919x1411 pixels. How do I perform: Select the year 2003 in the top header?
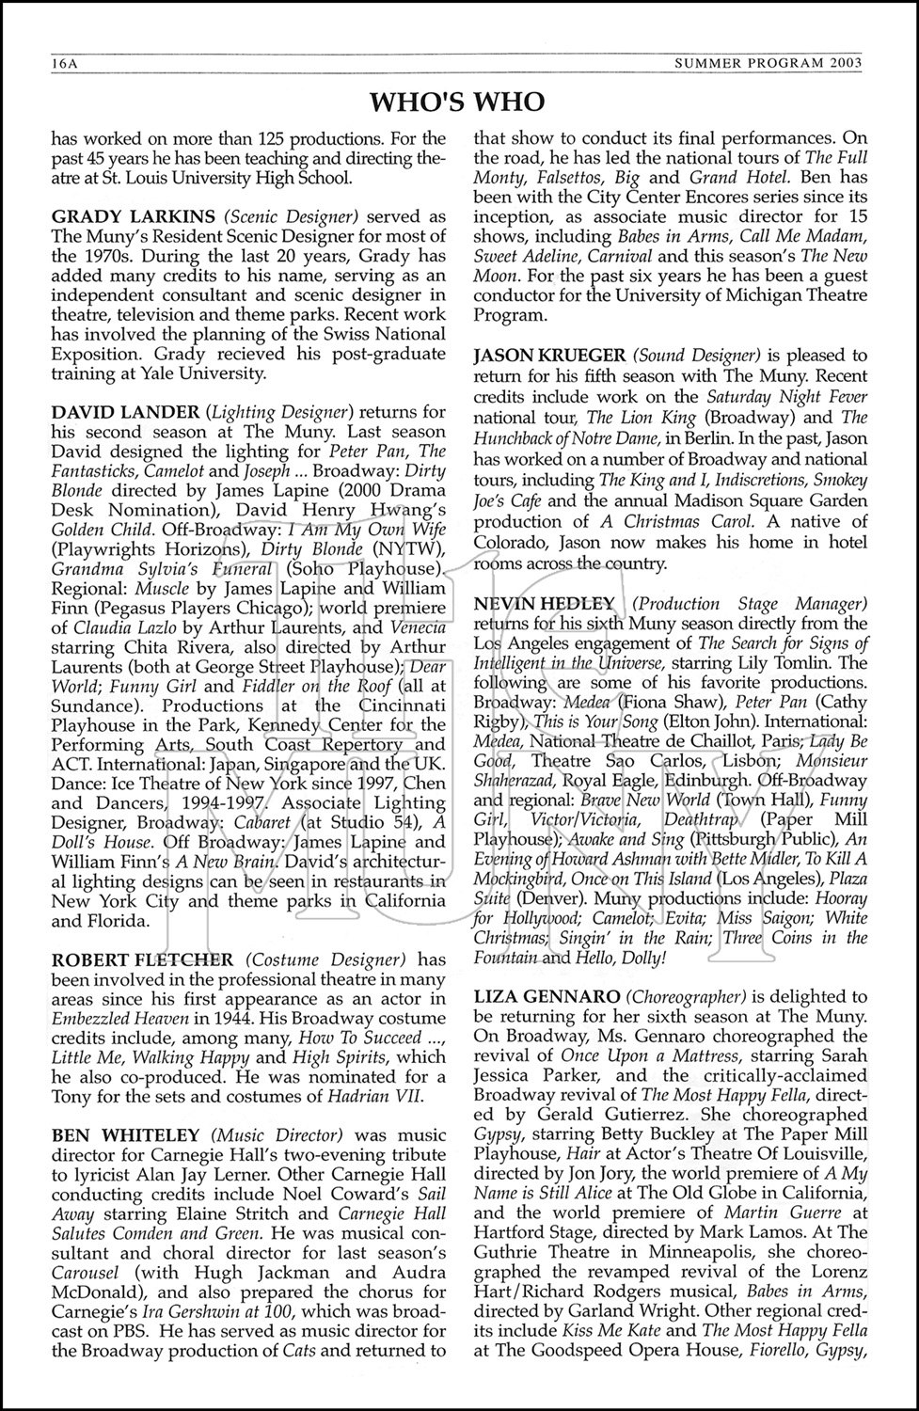845,65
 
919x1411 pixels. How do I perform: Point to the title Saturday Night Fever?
787,396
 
